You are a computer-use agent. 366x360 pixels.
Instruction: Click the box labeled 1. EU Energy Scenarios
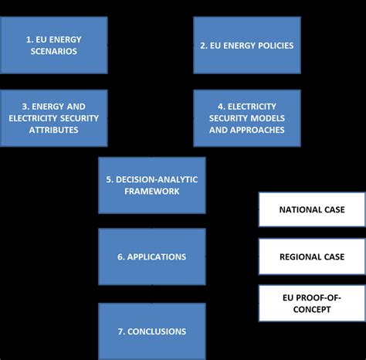[x=54, y=46]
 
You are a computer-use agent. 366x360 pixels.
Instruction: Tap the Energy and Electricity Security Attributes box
[x=54, y=118]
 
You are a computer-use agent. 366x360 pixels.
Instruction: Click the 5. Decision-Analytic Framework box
[x=152, y=185]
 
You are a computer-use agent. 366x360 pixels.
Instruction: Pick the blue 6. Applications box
[x=152, y=256]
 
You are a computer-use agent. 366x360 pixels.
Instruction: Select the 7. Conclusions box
[x=152, y=331]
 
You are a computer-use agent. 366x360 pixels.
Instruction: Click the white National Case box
[x=311, y=209]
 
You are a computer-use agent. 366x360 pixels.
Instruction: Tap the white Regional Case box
[x=311, y=256]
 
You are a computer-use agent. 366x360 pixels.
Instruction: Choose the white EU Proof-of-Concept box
[x=311, y=304]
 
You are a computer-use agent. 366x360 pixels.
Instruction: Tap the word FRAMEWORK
[x=152, y=191]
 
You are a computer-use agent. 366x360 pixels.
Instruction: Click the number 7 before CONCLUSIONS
[x=120, y=331]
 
